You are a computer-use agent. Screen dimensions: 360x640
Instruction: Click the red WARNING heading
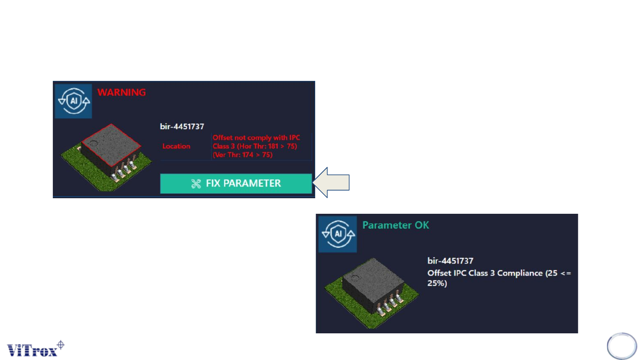(x=121, y=92)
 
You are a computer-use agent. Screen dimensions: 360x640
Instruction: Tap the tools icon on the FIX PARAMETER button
(x=196, y=184)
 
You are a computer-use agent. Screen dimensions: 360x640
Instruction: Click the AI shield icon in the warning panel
(x=73, y=101)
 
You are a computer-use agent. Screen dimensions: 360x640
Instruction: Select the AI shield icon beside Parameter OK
(x=337, y=234)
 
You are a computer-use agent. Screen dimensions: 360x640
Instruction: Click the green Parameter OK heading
(x=396, y=225)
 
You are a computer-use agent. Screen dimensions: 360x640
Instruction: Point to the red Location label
(x=176, y=146)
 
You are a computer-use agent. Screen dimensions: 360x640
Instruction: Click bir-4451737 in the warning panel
(x=182, y=126)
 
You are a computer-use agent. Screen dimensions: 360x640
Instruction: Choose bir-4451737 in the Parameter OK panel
(x=449, y=260)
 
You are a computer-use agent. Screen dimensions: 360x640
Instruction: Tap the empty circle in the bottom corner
(x=622, y=346)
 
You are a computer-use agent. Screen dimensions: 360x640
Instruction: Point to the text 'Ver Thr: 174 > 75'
(x=243, y=154)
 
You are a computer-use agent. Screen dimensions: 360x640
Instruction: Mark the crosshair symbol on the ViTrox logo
(x=61, y=344)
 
